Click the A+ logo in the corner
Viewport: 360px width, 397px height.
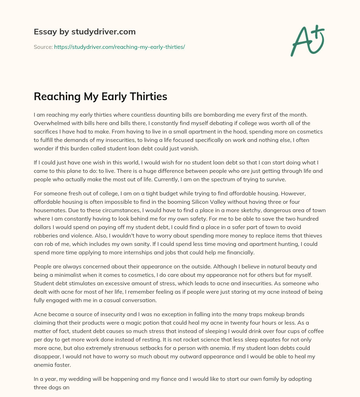(x=307, y=40)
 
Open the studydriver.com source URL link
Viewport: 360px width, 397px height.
(x=120, y=47)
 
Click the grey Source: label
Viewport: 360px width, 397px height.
(x=43, y=47)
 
